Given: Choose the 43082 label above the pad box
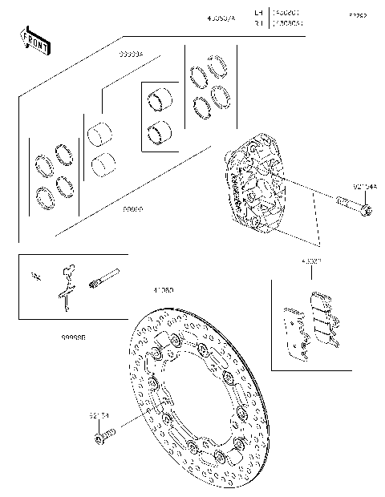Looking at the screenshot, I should pos(311,261).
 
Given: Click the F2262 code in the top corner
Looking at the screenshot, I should pos(357,15).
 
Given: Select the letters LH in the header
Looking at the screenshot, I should pos(257,13).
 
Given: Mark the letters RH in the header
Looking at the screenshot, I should pos(257,24).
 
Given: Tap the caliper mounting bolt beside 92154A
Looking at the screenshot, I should pos(354,206).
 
